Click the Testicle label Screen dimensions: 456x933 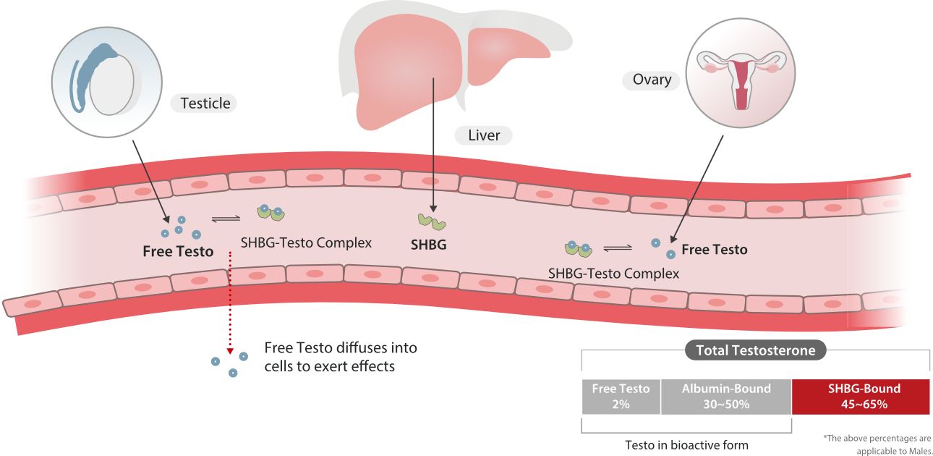(x=205, y=103)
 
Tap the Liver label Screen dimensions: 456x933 (x=484, y=135)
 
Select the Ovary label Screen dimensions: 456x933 (x=652, y=80)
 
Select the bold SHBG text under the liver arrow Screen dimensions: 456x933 (x=428, y=245)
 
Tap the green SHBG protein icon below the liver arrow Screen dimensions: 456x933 (x=431, y=221)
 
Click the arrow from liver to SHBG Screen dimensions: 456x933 (x=433, y=145)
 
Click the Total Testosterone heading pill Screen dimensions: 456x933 (x=755, y=350)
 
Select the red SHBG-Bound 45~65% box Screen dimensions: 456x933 (x=861, y=396)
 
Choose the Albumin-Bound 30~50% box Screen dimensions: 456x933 (x=726, y=396)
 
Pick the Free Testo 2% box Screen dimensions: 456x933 (x=621, y=396)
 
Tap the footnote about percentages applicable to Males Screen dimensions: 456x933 (x=877, y=443)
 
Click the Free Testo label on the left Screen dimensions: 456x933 (x=178, y=252)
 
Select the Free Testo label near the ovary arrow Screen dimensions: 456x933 (x=715, y=249)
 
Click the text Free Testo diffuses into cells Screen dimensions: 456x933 (x=341, y=357)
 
